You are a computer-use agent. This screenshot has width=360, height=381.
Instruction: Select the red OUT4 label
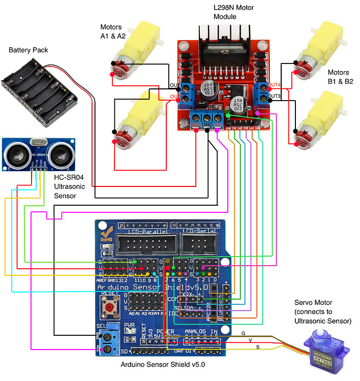coord(274,85)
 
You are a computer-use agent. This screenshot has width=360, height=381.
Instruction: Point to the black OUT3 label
coord(274,96)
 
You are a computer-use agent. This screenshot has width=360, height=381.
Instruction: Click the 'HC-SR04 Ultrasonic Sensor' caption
coord(72,187)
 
